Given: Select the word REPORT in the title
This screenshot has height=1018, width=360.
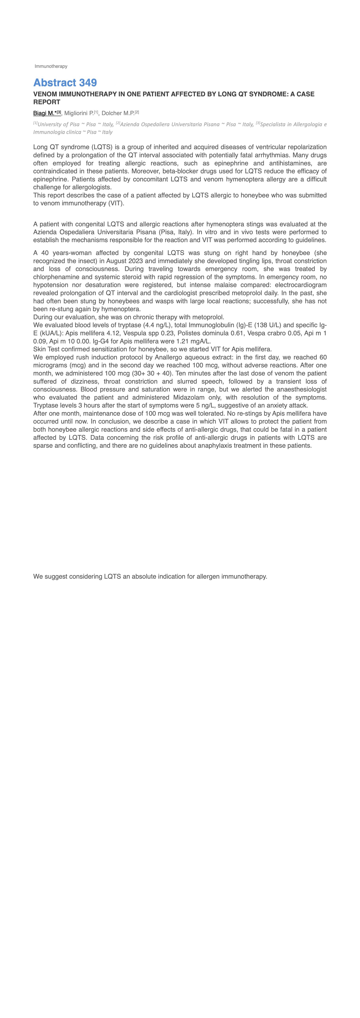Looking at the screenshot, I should [47, 102].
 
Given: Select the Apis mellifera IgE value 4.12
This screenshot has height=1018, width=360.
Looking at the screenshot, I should [113, 333].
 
